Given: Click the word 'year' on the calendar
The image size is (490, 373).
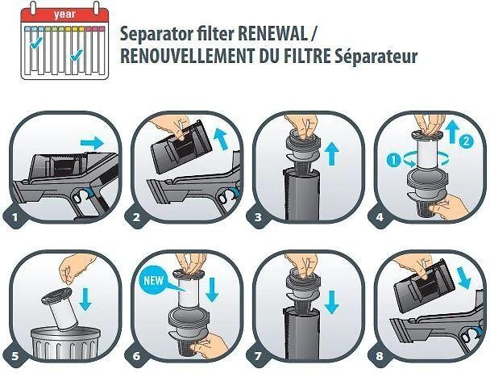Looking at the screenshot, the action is click(64, 15).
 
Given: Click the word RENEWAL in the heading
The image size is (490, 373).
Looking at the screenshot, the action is click(273, 34).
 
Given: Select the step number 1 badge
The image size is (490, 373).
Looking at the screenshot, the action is click(15, 216).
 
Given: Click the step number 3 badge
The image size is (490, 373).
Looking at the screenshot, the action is click(258, 216).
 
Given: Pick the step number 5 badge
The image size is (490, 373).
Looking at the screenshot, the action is click(15, 356).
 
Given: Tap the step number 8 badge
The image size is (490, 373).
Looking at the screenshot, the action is click(380, 356).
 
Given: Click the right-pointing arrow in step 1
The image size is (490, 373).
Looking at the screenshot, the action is click(92, 143).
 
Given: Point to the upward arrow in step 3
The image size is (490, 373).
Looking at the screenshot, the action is click(332, 153).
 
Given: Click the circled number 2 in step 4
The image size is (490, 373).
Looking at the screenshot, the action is click(467, 141).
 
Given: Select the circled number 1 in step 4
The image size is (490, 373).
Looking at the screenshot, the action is click(393, 160).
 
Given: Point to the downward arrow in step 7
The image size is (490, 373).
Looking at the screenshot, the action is click(332, 302).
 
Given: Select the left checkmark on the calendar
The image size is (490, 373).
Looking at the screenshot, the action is click(36, 43).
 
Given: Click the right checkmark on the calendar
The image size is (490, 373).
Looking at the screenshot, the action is click(77, 54).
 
